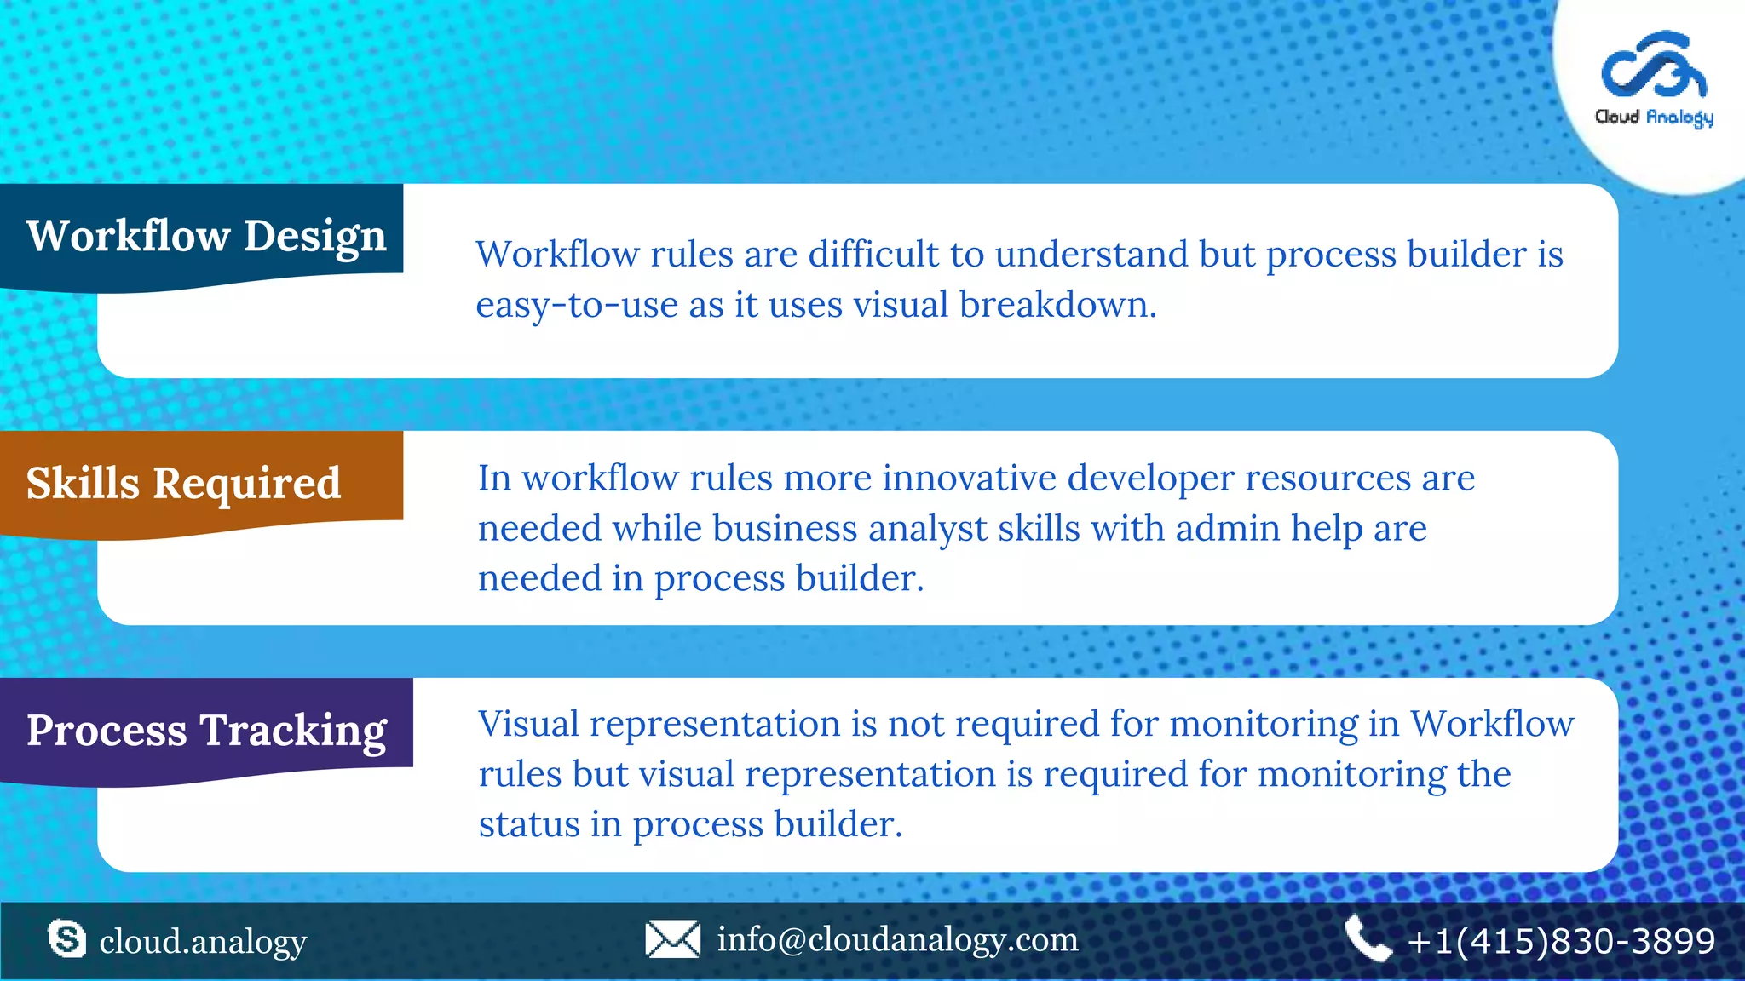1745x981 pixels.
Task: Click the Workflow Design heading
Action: (x=206, y=235)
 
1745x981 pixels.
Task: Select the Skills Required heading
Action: (x=183, y=483)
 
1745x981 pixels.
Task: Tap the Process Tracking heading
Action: (x=206, y=730)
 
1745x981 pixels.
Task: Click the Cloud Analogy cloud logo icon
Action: (x=1653, y=66)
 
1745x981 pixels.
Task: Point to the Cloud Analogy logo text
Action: (x=1653, y=117)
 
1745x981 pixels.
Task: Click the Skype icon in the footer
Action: (x=66, y=939)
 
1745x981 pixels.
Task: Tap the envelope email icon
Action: (x=672, y=939)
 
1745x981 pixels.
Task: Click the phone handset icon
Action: (x=1367, y=938)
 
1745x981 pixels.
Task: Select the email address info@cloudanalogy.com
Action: (x=897, y=939)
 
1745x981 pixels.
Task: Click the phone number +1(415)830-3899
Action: (x=1561, y=941)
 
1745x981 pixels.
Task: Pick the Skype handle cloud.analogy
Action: (x=203, y=942)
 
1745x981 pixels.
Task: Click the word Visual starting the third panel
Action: (x=528, y=724)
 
